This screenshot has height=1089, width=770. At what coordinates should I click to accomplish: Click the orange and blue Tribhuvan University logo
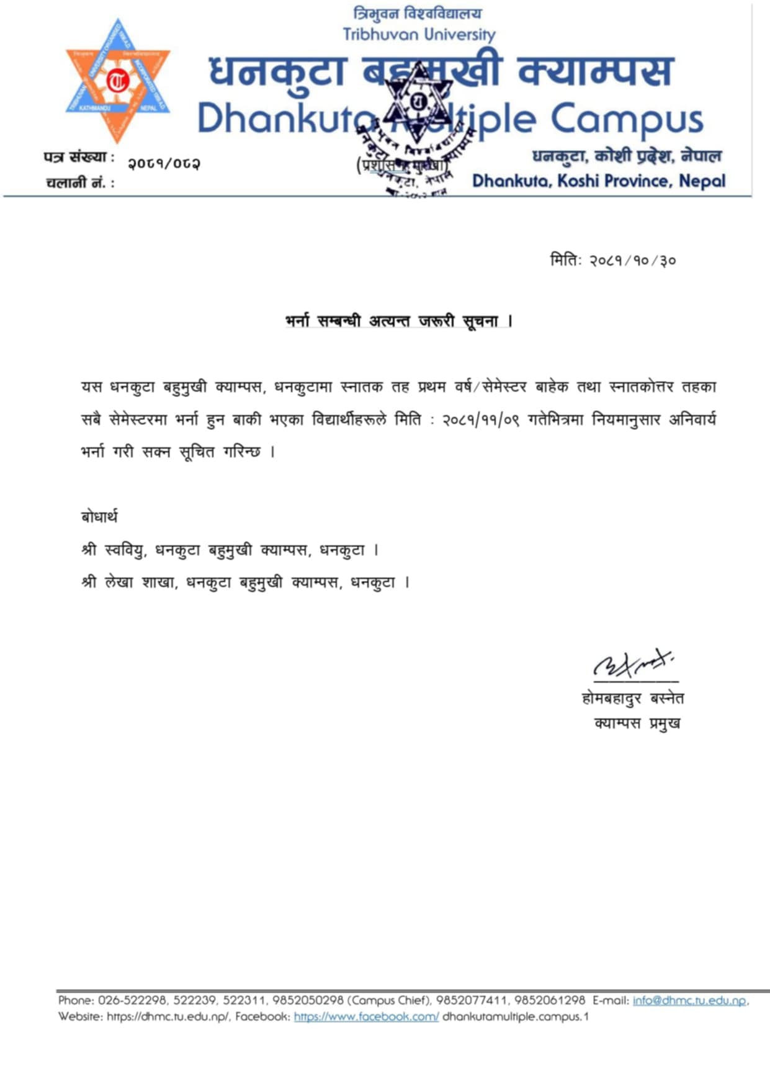(x=117, y=80)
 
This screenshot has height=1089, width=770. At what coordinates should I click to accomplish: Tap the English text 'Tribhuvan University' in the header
(x=419, y=35)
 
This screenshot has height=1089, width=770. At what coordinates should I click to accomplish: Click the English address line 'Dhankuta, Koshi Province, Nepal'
(x=598, y=181)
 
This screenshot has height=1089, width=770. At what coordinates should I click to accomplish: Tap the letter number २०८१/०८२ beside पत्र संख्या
(x=164, y=164)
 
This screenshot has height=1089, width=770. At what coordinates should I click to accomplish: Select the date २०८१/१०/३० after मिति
(x=632, y=261)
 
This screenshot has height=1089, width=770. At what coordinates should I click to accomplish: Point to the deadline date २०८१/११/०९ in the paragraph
(x=480, y=420)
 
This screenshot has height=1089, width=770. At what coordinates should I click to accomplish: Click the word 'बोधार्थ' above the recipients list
(x=99, y=517)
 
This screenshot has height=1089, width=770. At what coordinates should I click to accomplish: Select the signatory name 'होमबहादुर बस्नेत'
(x=633, y=699)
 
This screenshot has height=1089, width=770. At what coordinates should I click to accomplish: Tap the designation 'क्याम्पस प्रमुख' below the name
(x=637, y=724)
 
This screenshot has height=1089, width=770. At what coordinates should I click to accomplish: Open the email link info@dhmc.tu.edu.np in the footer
(x=689, y=1000)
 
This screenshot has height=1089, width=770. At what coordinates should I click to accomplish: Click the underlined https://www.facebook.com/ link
(x=366, y=1016)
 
